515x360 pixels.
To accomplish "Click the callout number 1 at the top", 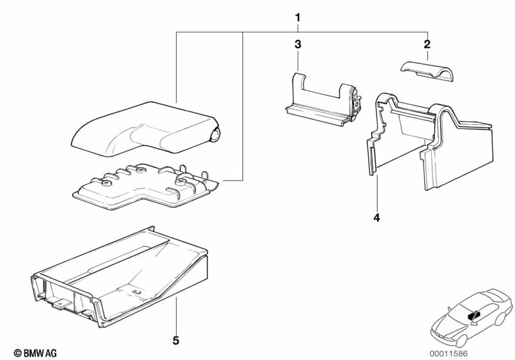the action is click(298, 18).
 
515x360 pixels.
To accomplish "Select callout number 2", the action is click(427, 44).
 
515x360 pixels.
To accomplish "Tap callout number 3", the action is click(298, 44).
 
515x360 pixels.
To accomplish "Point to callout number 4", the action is click(376, 217).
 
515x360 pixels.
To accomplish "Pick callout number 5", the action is click(176, 341).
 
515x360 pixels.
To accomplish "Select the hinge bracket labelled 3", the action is click(324, 99).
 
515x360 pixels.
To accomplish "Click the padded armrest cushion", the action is click(144, 128).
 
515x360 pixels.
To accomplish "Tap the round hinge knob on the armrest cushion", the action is click(215, 135).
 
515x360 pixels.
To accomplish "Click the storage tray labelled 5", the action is click(120, 278).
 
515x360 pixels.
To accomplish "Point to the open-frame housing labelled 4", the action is click(431, 141).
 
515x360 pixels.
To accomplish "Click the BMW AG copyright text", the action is click(35, 353).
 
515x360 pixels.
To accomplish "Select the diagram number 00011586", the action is click(449, 354).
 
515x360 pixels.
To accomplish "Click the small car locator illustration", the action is click(471, 317).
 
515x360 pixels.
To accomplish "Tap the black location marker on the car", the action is click(473, 316).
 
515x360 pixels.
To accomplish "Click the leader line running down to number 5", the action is click(176, 315).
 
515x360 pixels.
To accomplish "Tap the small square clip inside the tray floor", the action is click(135, 291).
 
